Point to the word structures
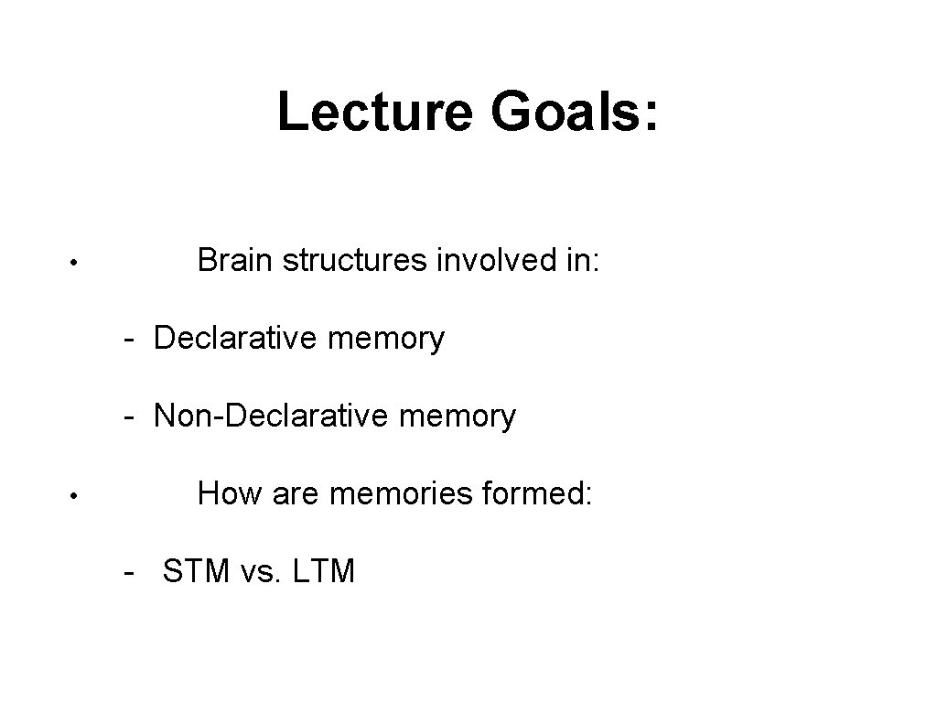pos(354,261)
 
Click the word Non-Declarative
pos(261,416)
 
